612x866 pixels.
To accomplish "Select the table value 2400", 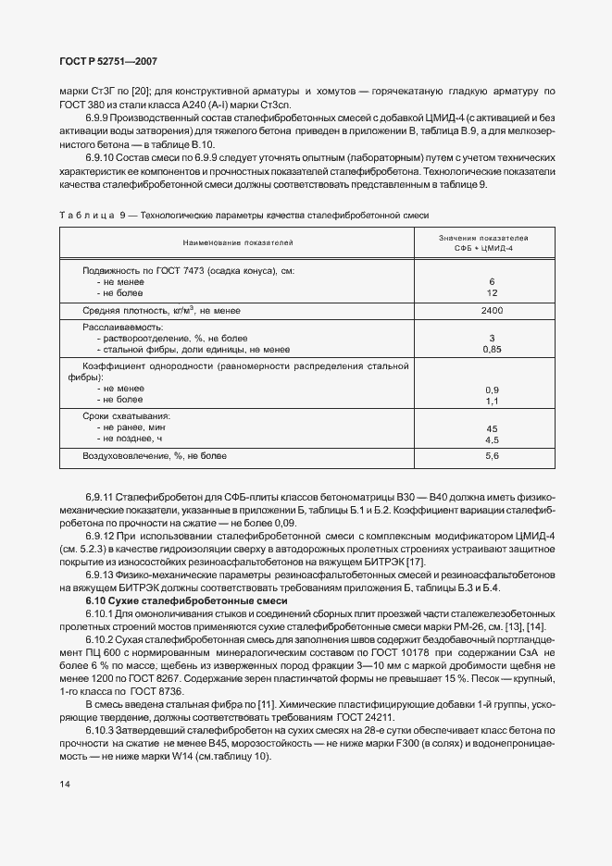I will click(492, 312).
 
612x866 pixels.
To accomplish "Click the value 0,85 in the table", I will click(492, 351).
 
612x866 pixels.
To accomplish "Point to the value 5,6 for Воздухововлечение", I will click(492, 456).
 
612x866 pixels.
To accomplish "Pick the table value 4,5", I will click(492, 440).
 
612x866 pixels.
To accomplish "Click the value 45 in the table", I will click(492, 428).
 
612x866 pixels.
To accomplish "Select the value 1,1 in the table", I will click(492, 401).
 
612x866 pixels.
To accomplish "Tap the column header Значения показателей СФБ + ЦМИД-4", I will click(491, 243).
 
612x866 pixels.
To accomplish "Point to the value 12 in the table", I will click(492, 292).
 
